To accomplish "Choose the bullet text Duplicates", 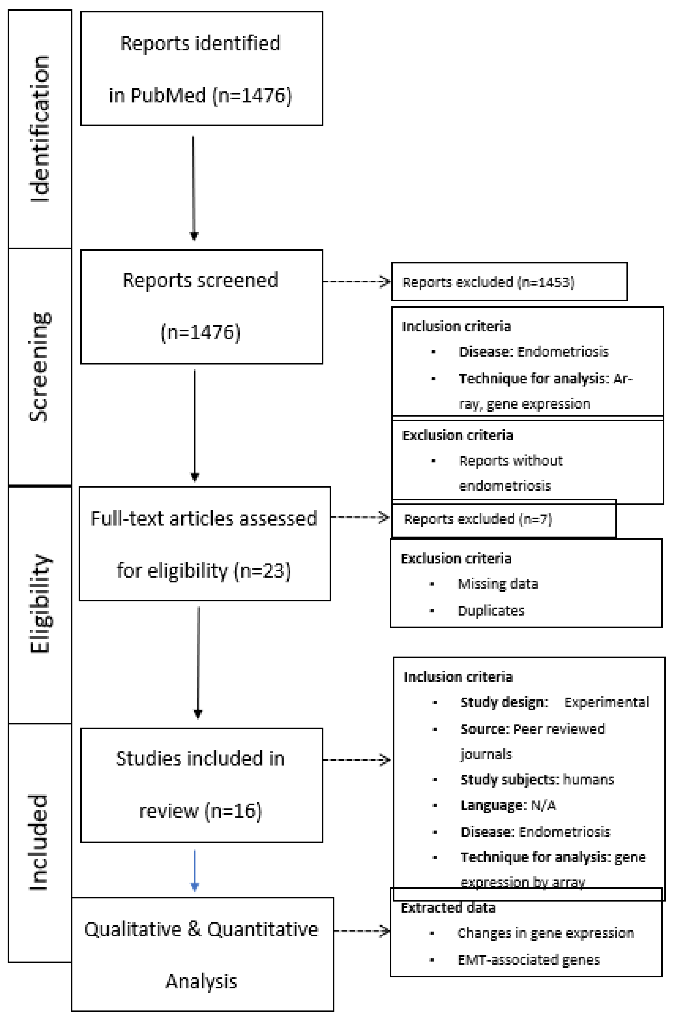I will [491, 610].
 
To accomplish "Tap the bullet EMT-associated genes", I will [529, 960].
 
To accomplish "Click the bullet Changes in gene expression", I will [545, 933].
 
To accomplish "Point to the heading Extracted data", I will [448, 908].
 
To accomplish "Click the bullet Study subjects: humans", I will [537, 780].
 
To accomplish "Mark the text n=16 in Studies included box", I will [233, 811].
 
